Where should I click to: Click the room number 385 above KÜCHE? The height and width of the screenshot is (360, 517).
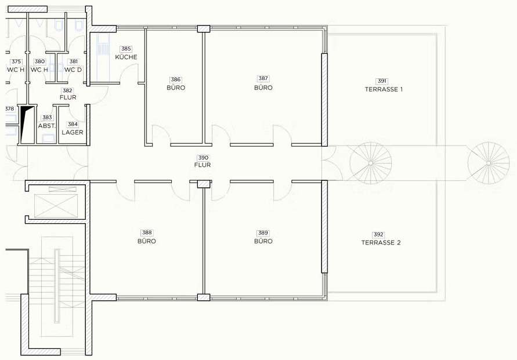(x=126, y=49)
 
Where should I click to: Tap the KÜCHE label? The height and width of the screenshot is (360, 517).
(x=126, y=57)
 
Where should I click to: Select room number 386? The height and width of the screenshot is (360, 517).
(x=176, y=79)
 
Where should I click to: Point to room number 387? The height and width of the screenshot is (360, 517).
(x=263, y=78)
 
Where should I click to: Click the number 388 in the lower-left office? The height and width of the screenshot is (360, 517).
(x=147, y=233)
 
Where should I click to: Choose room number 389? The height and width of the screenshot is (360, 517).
(x=263, y=233)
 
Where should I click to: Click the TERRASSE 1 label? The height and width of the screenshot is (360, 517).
(x=384, y=89)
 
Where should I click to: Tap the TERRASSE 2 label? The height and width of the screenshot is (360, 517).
(x=381, y=243)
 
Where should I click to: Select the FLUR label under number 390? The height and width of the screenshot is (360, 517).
(x=203, y=165)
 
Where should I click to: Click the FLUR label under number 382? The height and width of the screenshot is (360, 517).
(x=68, y=97)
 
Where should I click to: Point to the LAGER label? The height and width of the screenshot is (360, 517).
(x=73, y=132)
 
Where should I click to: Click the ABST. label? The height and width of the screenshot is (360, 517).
(x=47, y=126)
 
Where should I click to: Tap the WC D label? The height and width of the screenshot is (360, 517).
(x=73, y=70)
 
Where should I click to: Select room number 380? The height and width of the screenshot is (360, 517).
(x=39, y=61)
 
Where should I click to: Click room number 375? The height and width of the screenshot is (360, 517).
(x=16, y=61)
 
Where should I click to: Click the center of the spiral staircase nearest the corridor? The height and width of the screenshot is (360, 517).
(x=371, y=163)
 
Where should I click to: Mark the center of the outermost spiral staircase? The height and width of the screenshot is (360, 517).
(x=489, y=163)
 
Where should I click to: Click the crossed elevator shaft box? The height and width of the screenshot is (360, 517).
(x=56, y=206)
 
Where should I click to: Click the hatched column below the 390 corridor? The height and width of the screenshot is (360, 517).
(x=204, y=184)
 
